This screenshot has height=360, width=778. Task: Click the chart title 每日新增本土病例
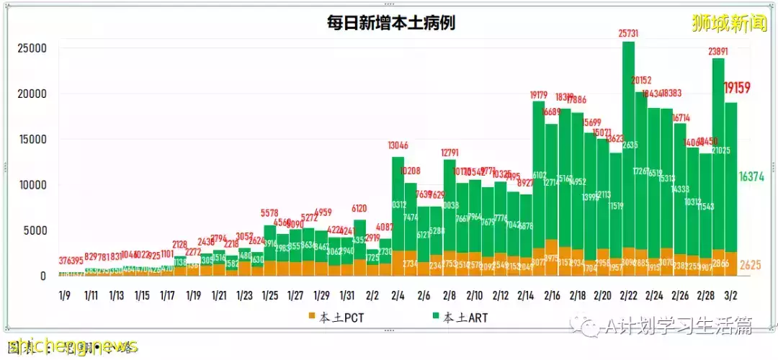click(390, 23)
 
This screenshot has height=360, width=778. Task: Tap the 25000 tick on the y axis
click(32, 49)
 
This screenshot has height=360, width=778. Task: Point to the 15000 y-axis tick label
click(32, 140)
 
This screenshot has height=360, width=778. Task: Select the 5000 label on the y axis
click(35, 231)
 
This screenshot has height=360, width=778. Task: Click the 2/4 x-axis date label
click(398, 295)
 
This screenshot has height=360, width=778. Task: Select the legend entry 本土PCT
click(338, 317)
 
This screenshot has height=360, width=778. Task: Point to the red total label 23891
click(718, 51)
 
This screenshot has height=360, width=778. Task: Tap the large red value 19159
click(738, 88)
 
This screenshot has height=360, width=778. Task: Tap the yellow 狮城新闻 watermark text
click(729, 23)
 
